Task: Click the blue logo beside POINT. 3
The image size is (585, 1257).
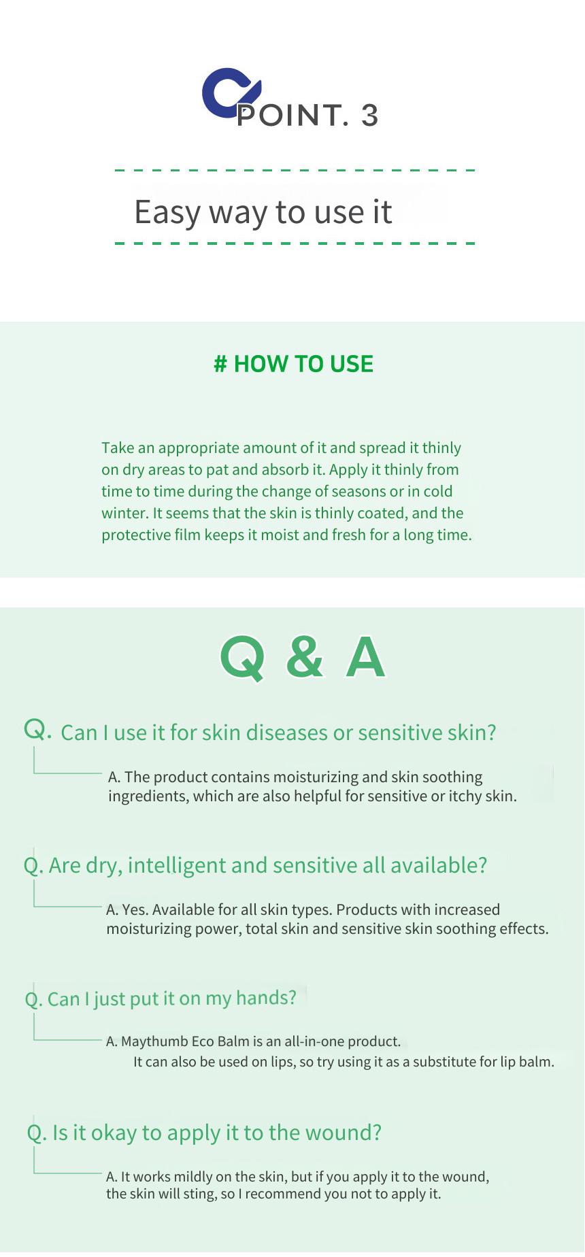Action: (229, 93)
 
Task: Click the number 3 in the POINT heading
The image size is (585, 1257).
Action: (369, 115)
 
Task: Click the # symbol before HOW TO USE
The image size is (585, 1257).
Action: (220, 364)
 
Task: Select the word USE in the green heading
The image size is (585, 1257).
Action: (352, 364)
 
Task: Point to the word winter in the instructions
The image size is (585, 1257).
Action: (124, 513)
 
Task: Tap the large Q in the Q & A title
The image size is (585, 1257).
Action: (242, 658)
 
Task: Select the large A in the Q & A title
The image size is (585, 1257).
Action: (365, 657)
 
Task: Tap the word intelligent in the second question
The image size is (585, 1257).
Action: (176, 865)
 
